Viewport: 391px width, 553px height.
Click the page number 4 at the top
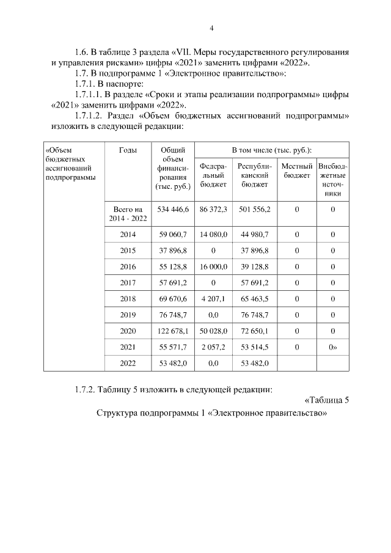point(211,27)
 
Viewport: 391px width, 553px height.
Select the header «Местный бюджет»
point(296,170)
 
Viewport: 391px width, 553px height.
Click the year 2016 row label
point(128,267)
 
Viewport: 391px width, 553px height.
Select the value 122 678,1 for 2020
point(174,331)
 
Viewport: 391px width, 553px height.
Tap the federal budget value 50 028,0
point(213,331)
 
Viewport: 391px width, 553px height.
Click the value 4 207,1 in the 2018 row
point(213,299)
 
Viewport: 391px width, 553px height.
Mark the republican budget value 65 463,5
point(254,299)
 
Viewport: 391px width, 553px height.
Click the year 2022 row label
point(128,362)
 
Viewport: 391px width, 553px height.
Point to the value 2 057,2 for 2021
point(213,346)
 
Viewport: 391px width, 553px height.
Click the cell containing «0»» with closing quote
point(334,346)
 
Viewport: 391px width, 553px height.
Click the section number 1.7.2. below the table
point(84,389)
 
